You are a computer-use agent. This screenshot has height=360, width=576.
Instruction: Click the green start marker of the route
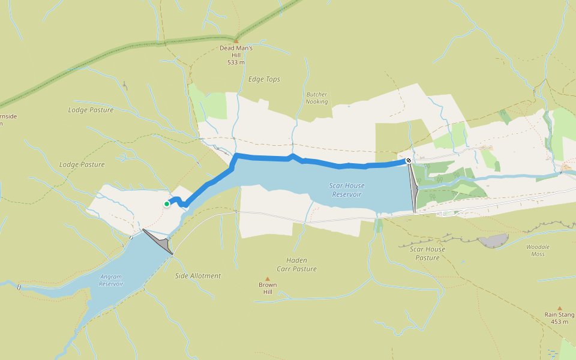pyautogui.click(x=167, y=204)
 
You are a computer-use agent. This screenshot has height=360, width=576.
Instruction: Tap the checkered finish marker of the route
pyautogui.click(x=409, y=160)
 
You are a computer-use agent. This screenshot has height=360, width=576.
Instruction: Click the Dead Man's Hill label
pyautogui.click(x=236, y=48)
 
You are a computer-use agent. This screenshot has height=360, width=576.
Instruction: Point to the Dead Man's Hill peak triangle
pyautogui.click(x=236, y=41)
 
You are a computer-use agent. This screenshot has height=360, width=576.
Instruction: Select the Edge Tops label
pyautogui.click(x=264, y=79)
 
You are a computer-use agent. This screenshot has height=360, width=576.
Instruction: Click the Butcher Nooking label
pyautogui.click(x=317, y=98)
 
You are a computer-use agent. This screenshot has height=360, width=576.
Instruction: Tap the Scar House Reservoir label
pyautogui.click(x=347, y=190)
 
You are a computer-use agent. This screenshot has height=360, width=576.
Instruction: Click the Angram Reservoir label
pyautogui.click(x=111, y=280)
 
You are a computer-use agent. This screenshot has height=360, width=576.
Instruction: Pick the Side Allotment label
pyautogui.click(x=198, y=276)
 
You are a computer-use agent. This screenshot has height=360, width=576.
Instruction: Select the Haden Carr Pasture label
pyautogui.click(x=296, y=265)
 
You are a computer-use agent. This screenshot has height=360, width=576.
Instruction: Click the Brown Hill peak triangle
pyautogui.click(x=268, y=278)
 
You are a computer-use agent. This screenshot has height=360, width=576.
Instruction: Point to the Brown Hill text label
pyautogui.click(x=268, y=288)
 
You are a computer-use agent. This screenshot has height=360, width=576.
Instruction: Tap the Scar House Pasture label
pyautogui.click(x=427, y=253)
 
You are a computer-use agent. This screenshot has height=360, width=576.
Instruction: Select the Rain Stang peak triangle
pyautogui.click(x=560, y=308)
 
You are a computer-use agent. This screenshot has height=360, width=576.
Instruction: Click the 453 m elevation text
pyautogui.click(x=559, y=322)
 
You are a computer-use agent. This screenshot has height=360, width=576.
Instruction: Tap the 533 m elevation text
pyautogui.click(x=236, y=62)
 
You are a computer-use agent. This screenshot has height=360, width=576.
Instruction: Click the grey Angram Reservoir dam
pyautogui.click(x=160, y=242)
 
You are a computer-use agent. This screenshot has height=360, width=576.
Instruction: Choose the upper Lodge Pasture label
pyautogui.click(x=91, y=110)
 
